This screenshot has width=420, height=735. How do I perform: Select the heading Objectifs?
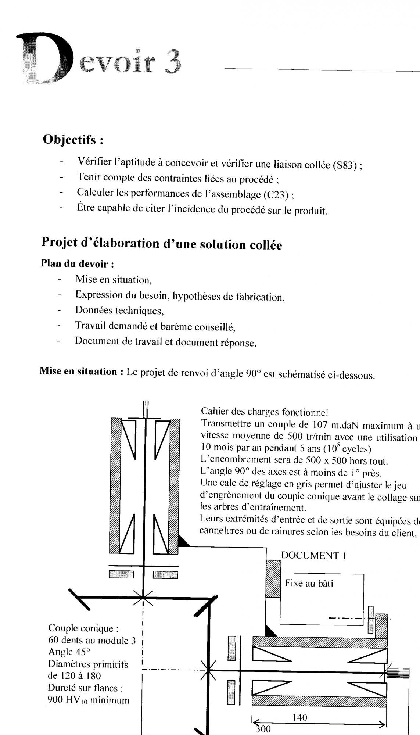[x=73, y=140]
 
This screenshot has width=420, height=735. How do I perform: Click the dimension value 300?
[x=263, y=729]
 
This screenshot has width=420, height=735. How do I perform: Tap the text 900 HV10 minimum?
[x=89, y=700]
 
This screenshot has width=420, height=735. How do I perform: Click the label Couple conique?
[x=83, y=628]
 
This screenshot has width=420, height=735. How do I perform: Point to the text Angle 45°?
[x=69, y=652]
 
